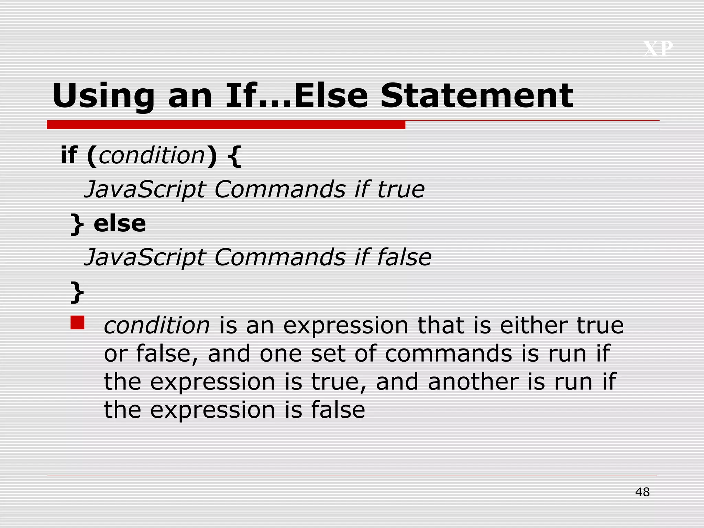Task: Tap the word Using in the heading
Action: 103,96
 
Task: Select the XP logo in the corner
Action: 658,49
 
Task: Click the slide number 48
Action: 642,492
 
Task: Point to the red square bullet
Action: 77,323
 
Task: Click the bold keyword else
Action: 120,224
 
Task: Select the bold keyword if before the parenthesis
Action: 69,155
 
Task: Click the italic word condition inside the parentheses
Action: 152,155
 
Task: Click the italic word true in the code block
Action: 401,189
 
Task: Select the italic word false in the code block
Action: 404,257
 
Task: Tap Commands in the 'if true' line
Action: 280,189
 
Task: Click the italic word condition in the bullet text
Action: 157,325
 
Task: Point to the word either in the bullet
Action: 533,325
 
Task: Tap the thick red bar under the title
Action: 226,125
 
